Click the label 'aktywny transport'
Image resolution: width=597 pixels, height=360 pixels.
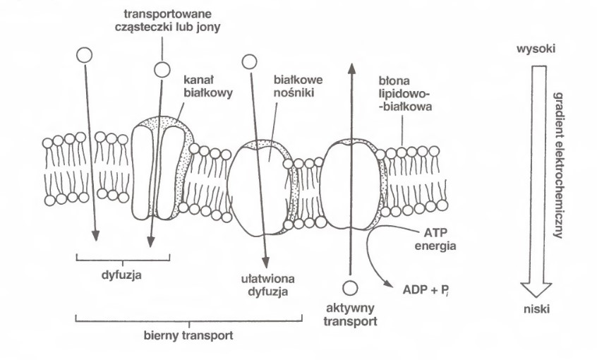point(350,314)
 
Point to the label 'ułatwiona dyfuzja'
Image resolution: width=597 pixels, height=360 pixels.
point(261,283)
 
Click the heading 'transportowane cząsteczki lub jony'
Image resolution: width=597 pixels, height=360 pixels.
point(164,20)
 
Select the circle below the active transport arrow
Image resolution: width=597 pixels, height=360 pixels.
point(349,287)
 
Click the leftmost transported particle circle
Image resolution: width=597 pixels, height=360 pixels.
point(84,55)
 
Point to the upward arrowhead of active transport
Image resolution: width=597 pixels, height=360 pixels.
point(349,65)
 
